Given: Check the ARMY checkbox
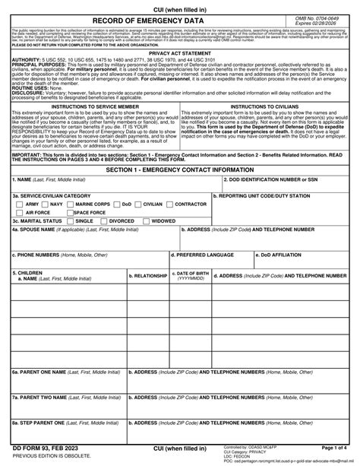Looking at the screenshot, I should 19,204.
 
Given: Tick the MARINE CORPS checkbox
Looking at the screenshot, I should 71,204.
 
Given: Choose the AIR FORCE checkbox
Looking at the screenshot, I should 19,213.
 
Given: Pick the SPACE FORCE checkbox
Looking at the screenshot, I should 71,213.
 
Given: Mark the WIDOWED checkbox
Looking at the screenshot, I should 147,221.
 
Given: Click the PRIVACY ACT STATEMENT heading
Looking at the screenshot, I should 180,52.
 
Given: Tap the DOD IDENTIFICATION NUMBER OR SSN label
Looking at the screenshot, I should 270,179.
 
